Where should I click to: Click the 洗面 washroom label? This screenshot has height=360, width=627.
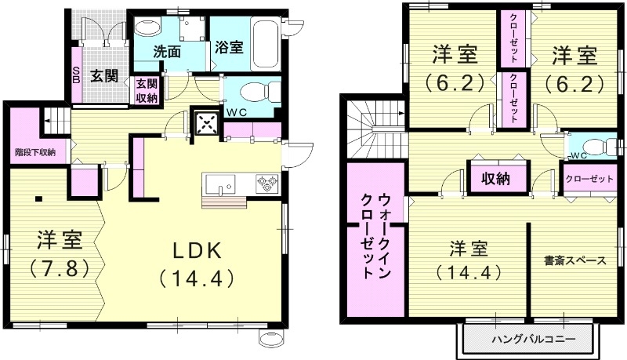tap(167, 53)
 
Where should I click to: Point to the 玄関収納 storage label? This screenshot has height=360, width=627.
tap(147, 90)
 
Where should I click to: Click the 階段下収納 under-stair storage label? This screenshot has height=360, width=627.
tap(34, 151)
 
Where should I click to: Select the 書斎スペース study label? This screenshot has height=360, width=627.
tap(574, 261)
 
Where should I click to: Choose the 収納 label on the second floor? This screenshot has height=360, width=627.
tap(491, 178)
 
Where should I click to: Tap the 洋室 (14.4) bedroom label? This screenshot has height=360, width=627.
tap(469, 261)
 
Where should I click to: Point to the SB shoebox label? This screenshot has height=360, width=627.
tap(76, 75)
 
